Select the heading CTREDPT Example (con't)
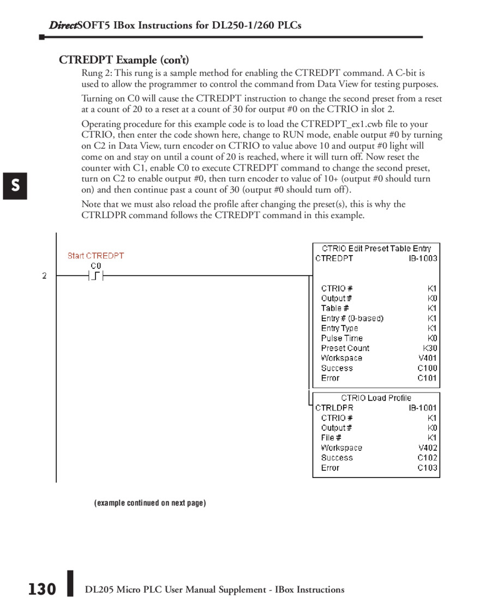(x=124, y=59)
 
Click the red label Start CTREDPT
(x=95, y=256)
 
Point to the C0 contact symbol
(x=96, y=276)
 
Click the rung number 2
(x=45, y=276)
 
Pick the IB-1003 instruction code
(x=423, y=258)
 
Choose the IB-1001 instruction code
(x=423, y=408)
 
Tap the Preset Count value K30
(x=430, y=348)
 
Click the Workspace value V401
(x=427, y=358)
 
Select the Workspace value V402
(x=427, y=448)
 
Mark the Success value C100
(x=427, y=368)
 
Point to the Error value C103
(x=427, y=468)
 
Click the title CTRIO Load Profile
(x=376, y=398)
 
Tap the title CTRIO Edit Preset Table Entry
(x=376, y=249)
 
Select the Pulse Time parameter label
(x=342, y=339)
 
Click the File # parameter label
(x=331, y=438)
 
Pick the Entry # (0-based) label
(x=352, y=318)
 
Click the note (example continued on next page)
(x=150, y=503)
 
